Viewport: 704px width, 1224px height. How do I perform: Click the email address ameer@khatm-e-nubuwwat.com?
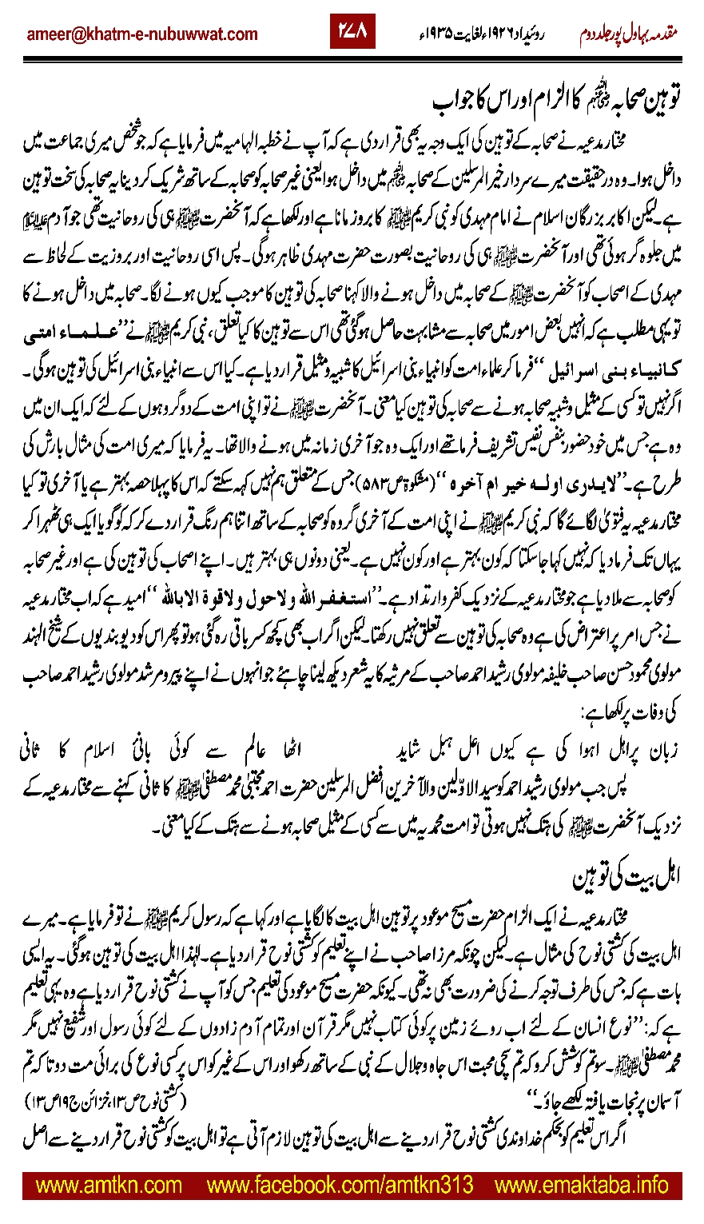coord(141,34)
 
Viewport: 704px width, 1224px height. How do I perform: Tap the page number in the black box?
coord(352,34)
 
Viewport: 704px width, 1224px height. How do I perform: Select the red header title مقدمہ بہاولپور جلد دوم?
coord(630,34)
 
